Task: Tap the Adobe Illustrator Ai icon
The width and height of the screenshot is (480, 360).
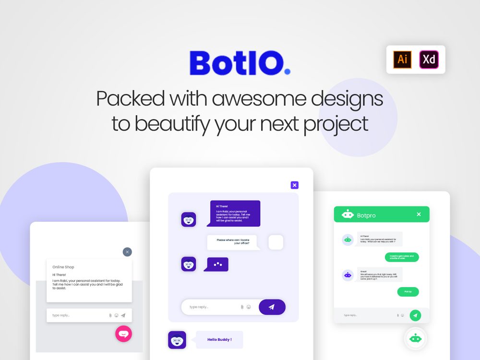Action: (403, 60)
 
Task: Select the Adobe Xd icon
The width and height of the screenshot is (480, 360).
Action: (429, 60)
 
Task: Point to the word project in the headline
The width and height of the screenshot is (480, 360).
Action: (336, 123)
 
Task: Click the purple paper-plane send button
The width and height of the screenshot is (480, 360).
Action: (272, 307)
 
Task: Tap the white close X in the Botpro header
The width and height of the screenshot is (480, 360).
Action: (419, 215)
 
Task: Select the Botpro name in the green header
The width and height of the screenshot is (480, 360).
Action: (366, 216)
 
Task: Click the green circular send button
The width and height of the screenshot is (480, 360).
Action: (415, 315)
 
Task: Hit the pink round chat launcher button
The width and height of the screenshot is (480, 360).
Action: (123, 334)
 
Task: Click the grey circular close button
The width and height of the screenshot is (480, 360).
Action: (127, 252)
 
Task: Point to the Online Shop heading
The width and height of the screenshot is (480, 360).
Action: (63, 267)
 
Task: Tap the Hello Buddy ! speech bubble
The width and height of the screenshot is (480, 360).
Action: (219, 340)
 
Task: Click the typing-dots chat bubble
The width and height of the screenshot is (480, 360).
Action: (217, 264)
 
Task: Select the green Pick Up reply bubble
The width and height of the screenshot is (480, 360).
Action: (408, 292)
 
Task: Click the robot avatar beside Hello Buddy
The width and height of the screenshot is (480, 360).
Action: (177, 340)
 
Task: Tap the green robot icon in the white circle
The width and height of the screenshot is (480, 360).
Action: (415, 338)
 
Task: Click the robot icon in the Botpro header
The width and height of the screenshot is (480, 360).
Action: (348, 215)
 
